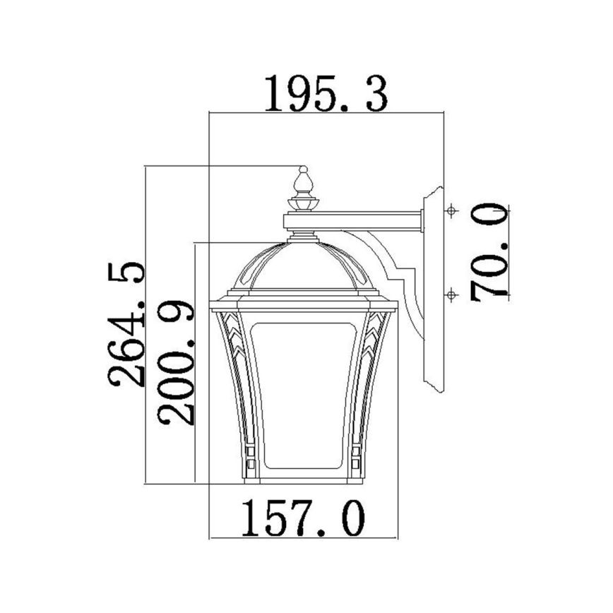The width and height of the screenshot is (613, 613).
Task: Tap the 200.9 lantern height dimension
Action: [x=175, y=362]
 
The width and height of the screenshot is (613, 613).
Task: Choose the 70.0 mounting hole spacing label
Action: [x=490, y=251]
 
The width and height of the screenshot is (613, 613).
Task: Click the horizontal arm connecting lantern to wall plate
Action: [x=367, y=221]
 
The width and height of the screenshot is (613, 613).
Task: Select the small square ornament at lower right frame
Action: [x=356, y=455]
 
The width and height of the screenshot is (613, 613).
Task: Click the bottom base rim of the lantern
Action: [x=304, y=480]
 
